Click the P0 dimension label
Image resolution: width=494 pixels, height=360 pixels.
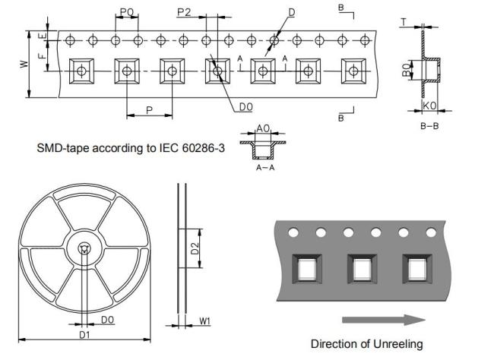point(127,12)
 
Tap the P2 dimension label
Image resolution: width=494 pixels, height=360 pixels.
point(185,12)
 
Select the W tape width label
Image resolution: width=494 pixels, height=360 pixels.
point(24,64)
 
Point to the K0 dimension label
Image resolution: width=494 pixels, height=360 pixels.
point(429,106)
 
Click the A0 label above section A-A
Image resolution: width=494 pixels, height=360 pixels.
point(264,128)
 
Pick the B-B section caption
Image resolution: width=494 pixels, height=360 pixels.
point(429,126)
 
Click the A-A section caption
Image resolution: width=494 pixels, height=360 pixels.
point(265,168)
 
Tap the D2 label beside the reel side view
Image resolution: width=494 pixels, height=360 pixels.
point(195,248)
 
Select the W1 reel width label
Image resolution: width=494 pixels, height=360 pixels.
point(204,321)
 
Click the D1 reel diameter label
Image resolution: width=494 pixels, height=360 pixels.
point(84,334)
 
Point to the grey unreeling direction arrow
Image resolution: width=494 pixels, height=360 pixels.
point(384,320)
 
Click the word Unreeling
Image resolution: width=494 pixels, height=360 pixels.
point(398,344)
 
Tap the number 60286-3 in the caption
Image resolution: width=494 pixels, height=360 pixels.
point(204,147)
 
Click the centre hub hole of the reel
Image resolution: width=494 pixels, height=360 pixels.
point(84,249)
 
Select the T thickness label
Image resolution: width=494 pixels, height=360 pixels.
point(404,22)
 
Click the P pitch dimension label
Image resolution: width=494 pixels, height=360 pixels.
point(149,110)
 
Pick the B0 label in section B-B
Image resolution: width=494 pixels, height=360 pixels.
point(407,70)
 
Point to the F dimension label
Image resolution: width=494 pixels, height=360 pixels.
point(42,55)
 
